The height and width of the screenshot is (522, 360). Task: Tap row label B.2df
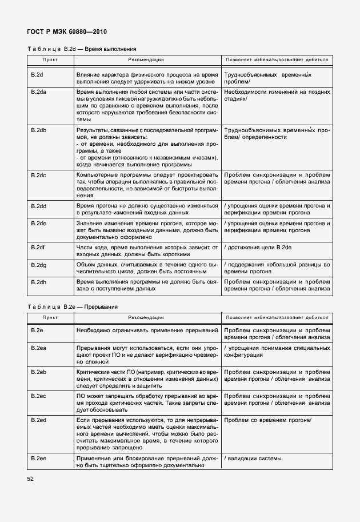pos(38,247)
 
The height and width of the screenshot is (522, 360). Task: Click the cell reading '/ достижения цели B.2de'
pos(260,247)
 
